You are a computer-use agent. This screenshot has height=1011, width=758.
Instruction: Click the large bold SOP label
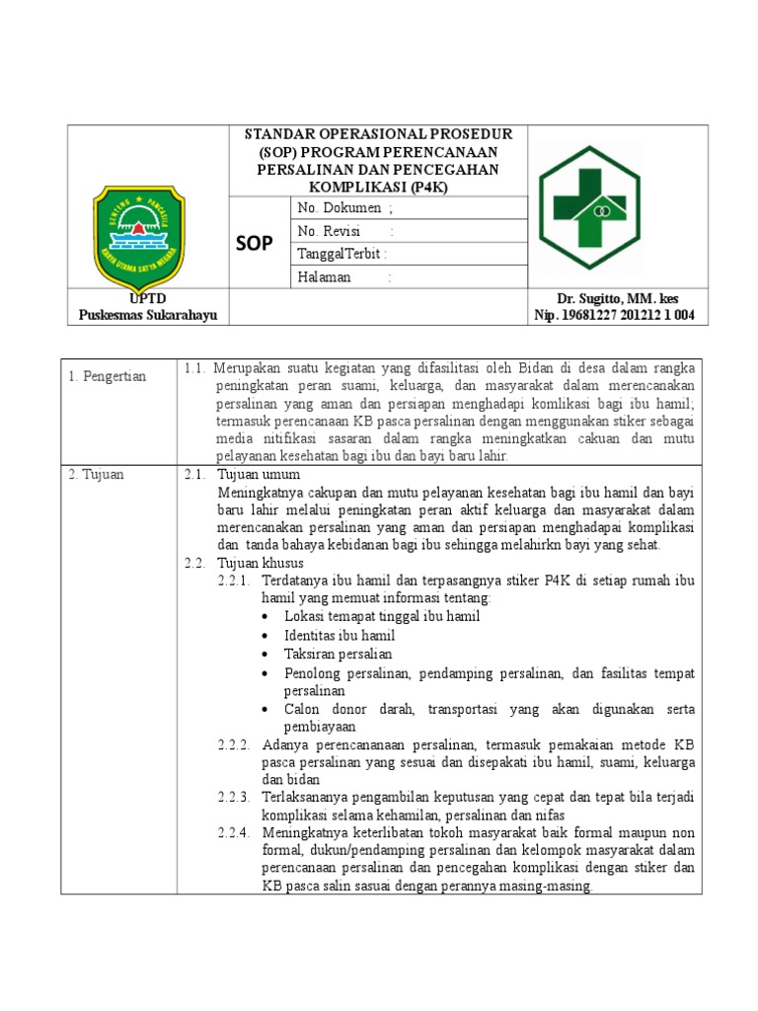255,243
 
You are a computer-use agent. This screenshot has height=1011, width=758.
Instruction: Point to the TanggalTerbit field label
341,254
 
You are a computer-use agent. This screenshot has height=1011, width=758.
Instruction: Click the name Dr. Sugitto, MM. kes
618,298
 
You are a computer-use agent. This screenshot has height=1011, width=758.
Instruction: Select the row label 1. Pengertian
108,376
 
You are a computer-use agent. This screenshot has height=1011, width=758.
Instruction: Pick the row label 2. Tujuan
97,475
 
